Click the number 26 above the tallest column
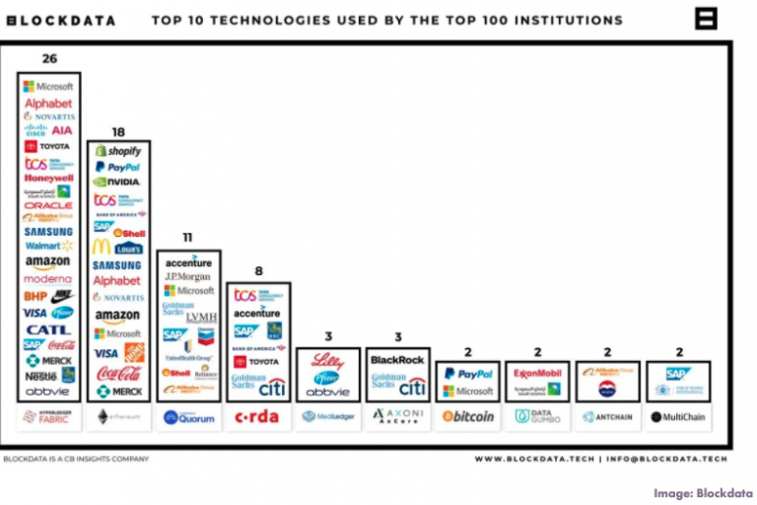49,59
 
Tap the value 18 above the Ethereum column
117,131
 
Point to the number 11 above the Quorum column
186,238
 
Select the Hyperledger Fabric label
48,417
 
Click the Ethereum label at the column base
117,417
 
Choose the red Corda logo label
257,417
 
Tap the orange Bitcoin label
468,417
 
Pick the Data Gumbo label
537,417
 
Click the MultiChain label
677,417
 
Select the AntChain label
607,417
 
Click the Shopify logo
117,151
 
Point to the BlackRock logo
397,361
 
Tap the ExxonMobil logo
537,374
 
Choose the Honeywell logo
48,179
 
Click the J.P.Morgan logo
188,277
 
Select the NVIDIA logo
117,182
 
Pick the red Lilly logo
327,361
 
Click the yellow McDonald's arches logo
101,247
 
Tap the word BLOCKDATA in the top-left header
59,20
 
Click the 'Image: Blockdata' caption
702,492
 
